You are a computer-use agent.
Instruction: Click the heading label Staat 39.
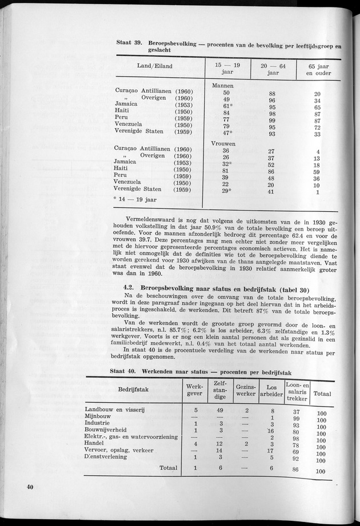coord(130,43)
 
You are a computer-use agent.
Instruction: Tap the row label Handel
coord(95,444)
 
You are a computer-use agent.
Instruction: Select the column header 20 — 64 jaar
coord(273,70)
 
